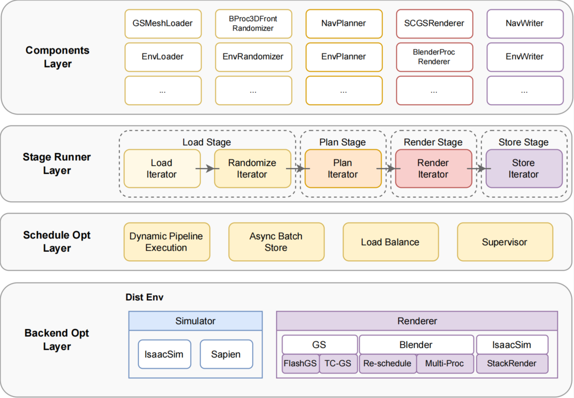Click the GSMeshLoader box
163,23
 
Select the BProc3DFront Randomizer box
253,23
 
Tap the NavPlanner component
344,23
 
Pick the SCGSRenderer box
434,23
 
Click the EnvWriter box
525,57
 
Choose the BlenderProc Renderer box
434,57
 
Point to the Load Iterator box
162,169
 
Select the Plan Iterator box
343,169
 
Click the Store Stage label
523,142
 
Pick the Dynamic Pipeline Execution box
166,242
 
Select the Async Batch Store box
276,242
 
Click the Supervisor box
505,242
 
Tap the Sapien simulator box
226,354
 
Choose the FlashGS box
300,363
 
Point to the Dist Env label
144,297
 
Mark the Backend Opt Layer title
57,340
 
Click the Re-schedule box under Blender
387,363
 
